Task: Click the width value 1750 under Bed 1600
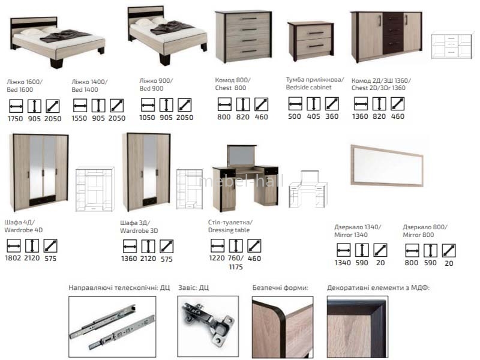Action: pos(16,118)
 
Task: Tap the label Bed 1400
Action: pos(85,89)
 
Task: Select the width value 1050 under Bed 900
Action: pos(147,118)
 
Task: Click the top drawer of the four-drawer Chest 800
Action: pos(248,19)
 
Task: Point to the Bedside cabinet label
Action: pos(308,87)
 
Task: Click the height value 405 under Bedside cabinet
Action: pos(313,116)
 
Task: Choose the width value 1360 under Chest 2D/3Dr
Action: pos(360,116)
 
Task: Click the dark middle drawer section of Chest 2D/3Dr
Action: pos(393,33)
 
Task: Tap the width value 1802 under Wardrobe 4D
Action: pos(13,258)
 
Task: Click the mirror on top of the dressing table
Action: pos(242,156)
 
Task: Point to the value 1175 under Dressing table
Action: pos(236,267)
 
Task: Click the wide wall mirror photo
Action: pos(387,166)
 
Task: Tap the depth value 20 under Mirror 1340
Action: pos(380,263)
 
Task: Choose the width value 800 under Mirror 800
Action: pos(412,263)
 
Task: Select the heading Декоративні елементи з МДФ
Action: pos(379,288)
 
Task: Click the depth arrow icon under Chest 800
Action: pos(262,104)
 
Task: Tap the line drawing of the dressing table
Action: pos(308,189)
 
